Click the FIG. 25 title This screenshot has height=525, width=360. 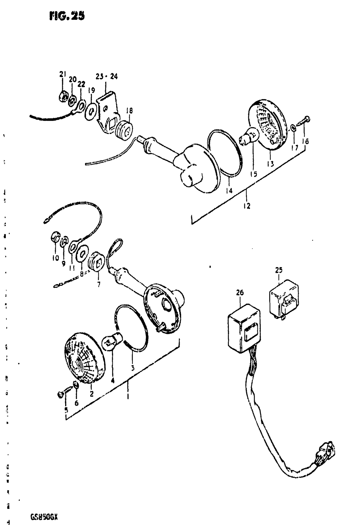pos(67,16)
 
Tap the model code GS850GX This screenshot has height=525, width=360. pos(44,517)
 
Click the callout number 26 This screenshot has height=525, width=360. pos(240,293)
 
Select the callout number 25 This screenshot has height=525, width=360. pos(279,270)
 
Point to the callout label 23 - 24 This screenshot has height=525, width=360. pos(107,76)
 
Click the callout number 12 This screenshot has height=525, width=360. pos(247,206)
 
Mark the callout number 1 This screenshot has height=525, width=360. pos(128,397)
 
